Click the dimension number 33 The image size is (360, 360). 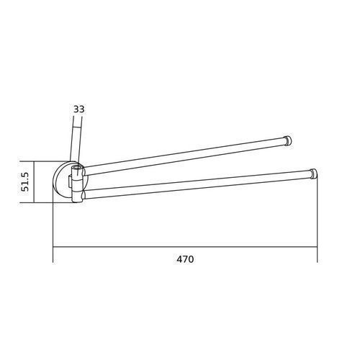click(79, 109)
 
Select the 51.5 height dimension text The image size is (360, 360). click(24, 181)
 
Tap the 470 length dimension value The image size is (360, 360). click(185, 259)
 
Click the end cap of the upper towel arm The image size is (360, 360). click(287, 140)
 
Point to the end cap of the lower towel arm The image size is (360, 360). click(313, 174)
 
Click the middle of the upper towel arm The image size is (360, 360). click(184, 156)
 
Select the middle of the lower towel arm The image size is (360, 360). click(197, 184)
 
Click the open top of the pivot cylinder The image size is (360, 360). click(77, 168)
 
